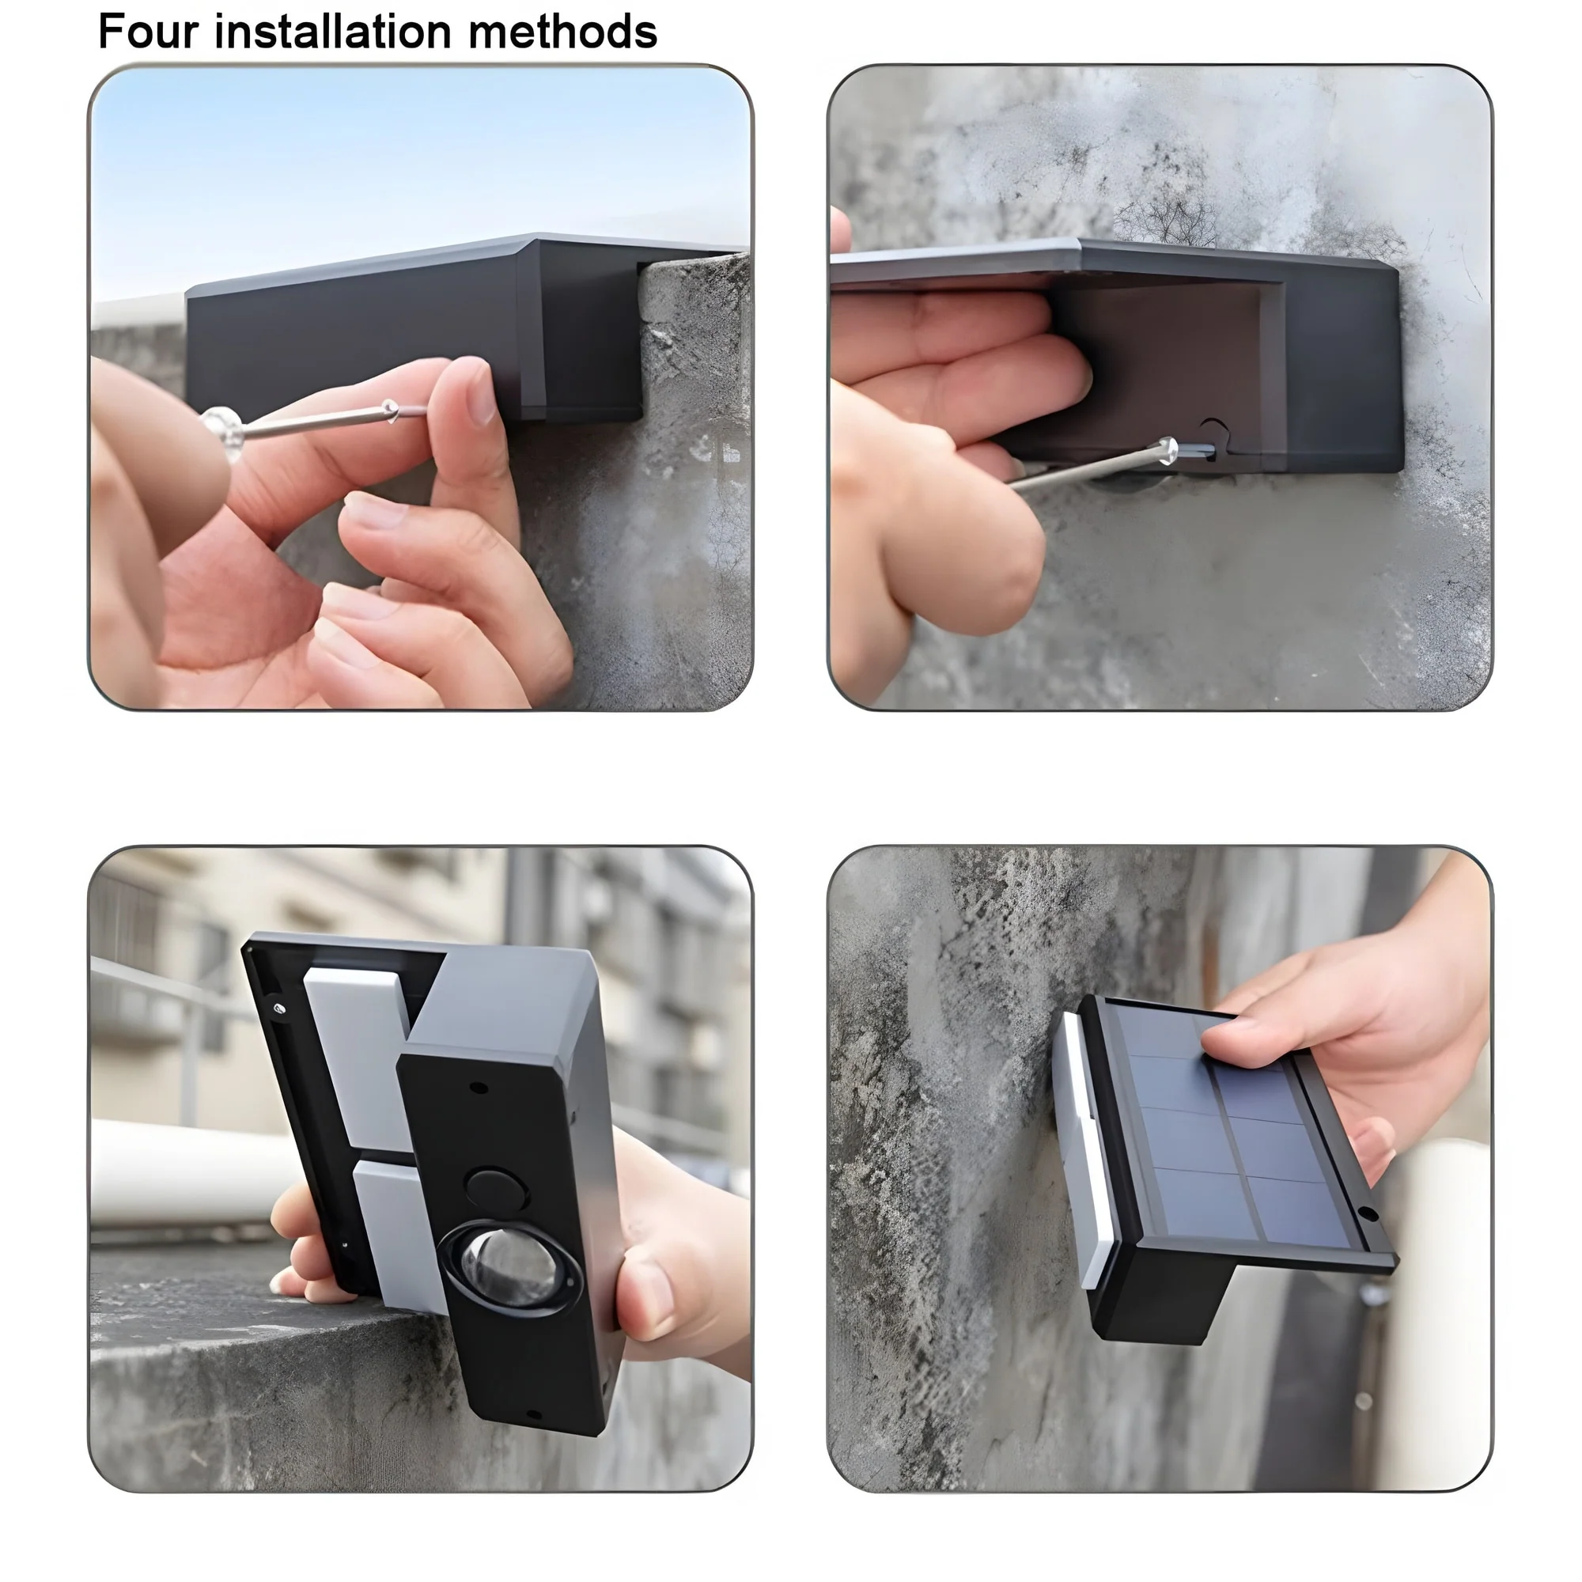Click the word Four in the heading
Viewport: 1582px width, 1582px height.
pyautogui.click(x=148, y=32)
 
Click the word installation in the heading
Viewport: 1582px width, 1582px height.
pyautogui.click(x=333, y=32)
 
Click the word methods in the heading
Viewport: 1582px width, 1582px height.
pyautogui.click(x=563, y=32)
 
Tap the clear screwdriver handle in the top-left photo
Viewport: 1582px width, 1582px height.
pyautogui.click(x=223, y=431)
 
